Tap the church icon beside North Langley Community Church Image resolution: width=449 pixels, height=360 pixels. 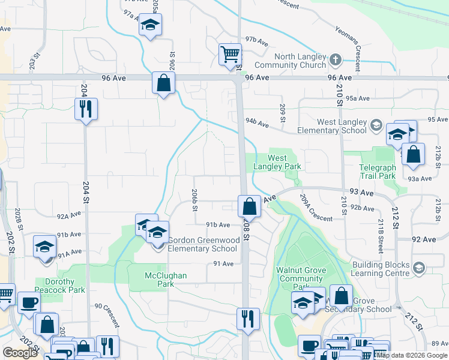tap(335, 60)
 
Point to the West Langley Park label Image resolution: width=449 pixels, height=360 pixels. tap(284, 162)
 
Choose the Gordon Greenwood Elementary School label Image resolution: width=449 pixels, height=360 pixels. tap(203, 244)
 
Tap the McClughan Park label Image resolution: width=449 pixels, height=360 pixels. tap(166, 279)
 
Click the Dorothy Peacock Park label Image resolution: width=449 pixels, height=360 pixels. tap(59, 286)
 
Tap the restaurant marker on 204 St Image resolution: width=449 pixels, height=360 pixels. tap(86, 109)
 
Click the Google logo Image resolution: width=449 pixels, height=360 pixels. tap(20, 353)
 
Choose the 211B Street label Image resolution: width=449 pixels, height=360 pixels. tap(381, 235)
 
